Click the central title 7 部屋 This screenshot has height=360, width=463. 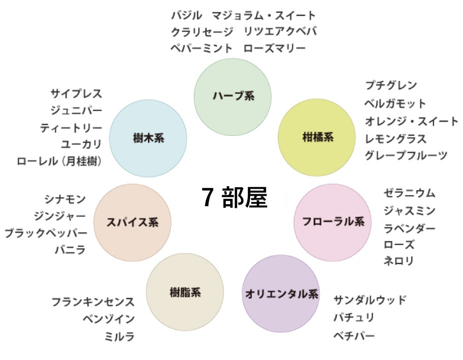click(x=235, y=198)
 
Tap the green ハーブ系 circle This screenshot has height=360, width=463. click(x=232, y=96)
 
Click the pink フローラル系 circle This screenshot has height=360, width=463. click(x=333, y=221)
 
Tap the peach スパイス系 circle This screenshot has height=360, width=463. click(x=132, y=222)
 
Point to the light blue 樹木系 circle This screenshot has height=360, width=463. click(x=148, y=138)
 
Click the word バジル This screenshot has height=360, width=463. click(x=187, y=15)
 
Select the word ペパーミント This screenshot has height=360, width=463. click(x=202, y=48)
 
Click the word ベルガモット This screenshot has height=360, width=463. click(x=395, y=103)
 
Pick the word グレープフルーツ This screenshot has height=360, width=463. click(x=406, y=155)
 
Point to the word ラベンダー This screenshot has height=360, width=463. click(x=409, y=228)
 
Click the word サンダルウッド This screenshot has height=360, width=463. click(x=370, y=300)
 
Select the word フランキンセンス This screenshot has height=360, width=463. click(x=93, y=302)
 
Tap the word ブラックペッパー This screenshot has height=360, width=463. click(x=46, y=233)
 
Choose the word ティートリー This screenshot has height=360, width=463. click(x=71, y=128)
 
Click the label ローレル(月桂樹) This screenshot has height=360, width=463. click(x=59, y=161)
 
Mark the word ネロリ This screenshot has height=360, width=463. click(x=399, y=260)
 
